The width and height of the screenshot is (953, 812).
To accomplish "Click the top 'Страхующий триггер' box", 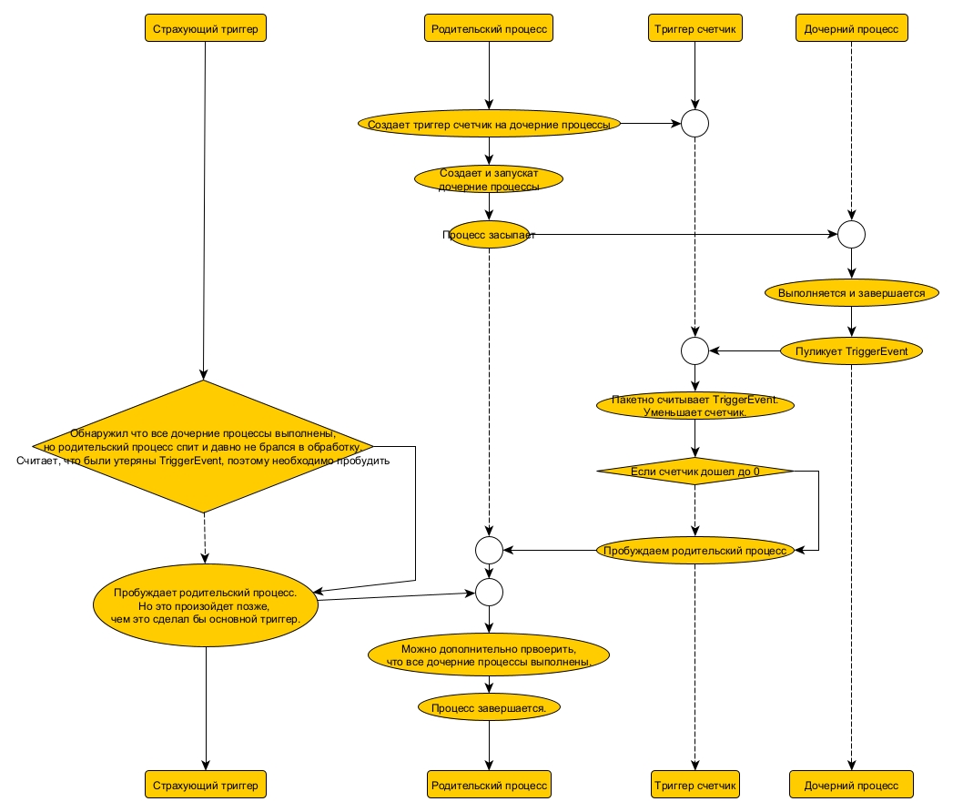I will coord(205,29).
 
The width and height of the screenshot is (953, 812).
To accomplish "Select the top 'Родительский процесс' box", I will coord(490,29).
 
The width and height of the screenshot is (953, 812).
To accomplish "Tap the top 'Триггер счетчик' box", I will coord(694,29).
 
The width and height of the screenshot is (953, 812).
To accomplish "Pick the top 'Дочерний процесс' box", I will coord(851,29).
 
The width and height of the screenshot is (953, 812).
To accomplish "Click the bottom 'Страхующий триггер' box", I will coord(205,784).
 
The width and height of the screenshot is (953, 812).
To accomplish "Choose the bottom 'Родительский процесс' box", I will coord(490,784).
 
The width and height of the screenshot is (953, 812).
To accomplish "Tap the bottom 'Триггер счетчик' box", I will coord(694,784).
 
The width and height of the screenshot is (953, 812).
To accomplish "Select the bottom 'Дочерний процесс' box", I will coord(851,784).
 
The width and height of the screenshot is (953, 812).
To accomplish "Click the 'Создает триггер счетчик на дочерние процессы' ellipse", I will coord(490,123).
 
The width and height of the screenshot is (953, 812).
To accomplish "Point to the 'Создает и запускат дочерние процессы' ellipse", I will coord(490,178).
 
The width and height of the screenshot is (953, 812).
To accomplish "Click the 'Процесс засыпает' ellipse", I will coord(490,235).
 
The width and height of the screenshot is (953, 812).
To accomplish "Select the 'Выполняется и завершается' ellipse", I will coord(851,293).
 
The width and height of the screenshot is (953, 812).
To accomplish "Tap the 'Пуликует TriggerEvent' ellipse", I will coord(851,350).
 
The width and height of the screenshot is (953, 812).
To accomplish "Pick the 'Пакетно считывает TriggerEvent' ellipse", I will coord(695,406).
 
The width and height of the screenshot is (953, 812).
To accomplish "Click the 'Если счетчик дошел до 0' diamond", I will coord(695,471).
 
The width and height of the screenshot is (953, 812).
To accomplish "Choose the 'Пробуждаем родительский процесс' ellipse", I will coord(695,550).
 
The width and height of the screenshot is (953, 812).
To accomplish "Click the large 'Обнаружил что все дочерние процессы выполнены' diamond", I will coord(204,447).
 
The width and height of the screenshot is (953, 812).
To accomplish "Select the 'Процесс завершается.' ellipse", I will coord(489,706).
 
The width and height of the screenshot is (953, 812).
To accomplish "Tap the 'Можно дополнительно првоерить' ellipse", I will coord(489,655).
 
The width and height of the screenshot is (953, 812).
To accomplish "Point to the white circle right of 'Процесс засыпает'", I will coord(851,235).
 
